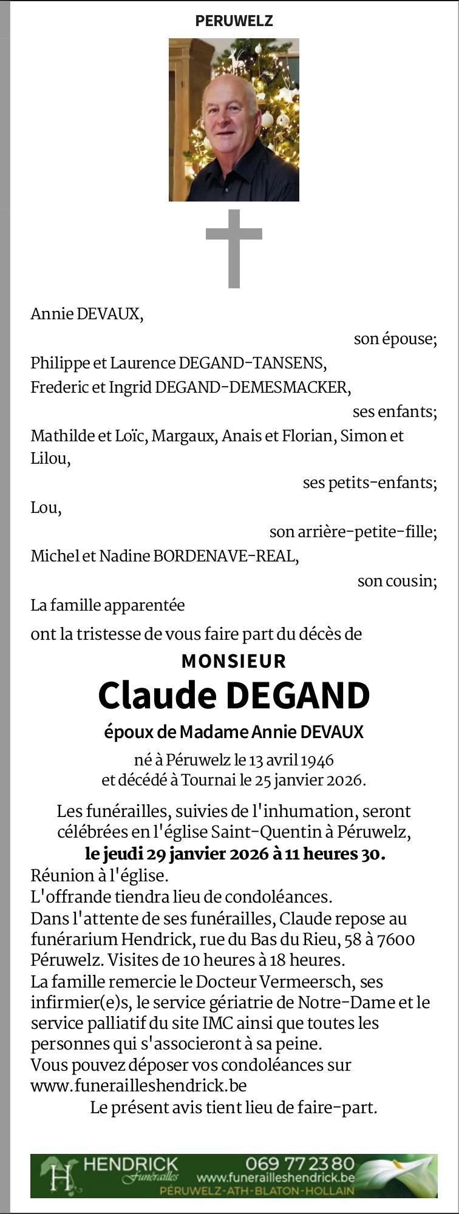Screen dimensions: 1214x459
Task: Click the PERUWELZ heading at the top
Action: tap(234, 21)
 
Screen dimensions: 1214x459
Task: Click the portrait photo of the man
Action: tap(234, 120)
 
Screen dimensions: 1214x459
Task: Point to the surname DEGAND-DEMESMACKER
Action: tap(253, 387)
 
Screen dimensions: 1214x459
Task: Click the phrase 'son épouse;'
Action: tap(395, 339)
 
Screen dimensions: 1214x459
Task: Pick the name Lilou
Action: tap(50, 459)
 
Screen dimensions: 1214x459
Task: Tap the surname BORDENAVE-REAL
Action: tap(226, 556)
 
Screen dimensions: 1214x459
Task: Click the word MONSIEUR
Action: tap(234, 661)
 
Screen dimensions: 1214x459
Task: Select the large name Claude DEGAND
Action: tap(234, 696)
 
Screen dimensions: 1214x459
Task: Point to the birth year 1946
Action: tap(318, 760)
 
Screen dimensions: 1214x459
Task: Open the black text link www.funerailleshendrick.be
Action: tap(138, 1085)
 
